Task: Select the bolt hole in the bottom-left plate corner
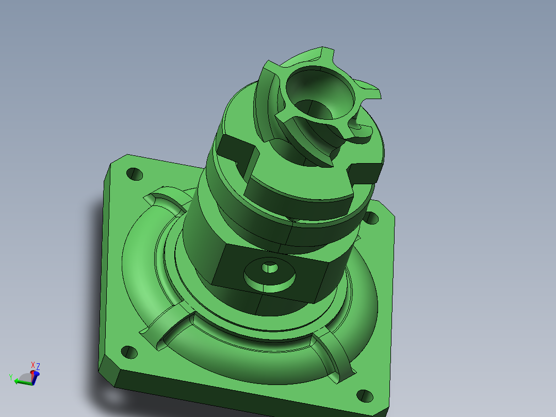(129, 353)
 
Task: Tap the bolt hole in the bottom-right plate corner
(365, 396)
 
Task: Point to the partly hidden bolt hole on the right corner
(371, 218)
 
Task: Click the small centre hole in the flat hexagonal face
(269, 268)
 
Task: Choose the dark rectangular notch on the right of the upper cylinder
(366, 171)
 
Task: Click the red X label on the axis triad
(33, 364)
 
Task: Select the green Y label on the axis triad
(10, 377)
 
